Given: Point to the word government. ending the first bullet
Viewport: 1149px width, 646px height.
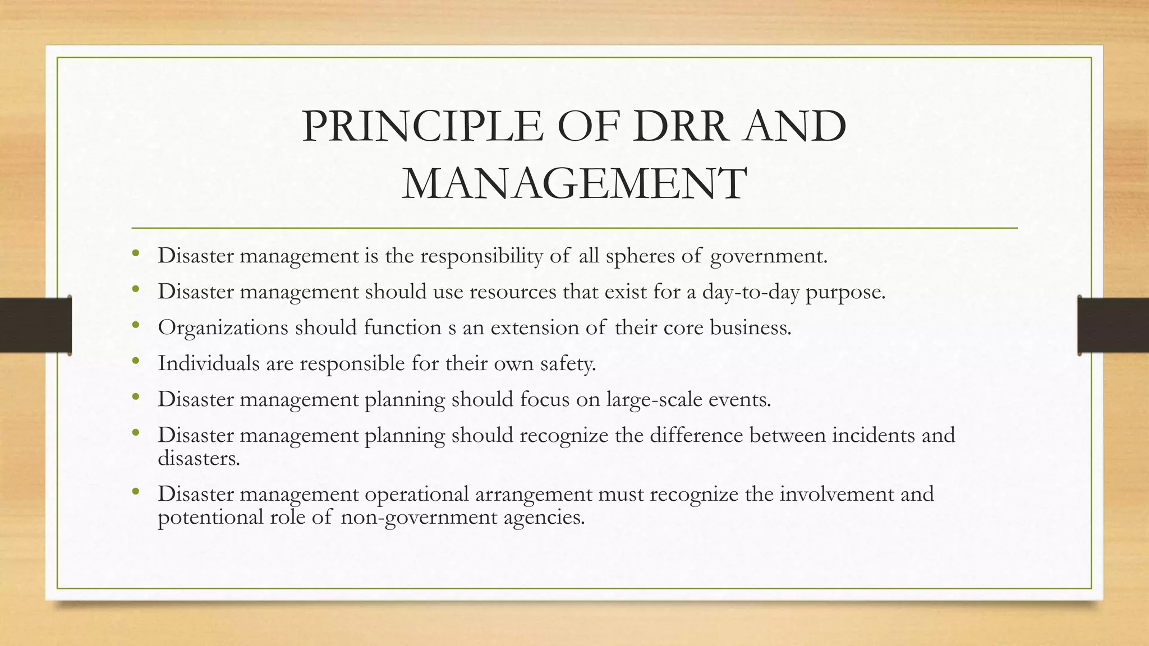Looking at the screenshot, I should point(769,256).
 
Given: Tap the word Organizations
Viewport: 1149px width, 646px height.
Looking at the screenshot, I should point(223,328).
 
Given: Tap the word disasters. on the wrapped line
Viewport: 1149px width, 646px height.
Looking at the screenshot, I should point(199,459).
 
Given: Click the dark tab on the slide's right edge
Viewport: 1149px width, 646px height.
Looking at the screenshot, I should point(1113,325).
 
